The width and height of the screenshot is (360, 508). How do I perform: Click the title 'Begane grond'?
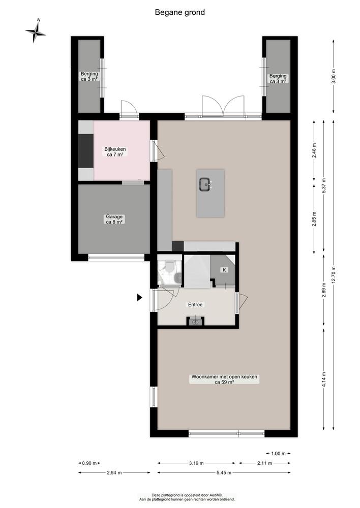(x=180, y=12)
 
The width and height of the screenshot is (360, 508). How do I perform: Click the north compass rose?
(x=36, y=32)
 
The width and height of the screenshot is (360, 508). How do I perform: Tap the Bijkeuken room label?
(x=115, y=152)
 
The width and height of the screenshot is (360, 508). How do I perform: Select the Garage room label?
(x=114, y=219)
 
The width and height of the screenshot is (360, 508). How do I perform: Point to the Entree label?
(x=195, y=305)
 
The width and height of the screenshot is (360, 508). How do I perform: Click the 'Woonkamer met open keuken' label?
(x=224, y=380)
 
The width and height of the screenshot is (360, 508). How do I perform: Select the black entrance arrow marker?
(x=139, y=298)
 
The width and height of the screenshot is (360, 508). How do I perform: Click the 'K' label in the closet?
(x=224, y=270)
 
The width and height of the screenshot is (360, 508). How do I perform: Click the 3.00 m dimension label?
(x=334, y=75)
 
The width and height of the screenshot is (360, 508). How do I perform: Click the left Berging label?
(x=89, y=76)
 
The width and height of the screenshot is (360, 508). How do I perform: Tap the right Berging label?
(x=278, y=78)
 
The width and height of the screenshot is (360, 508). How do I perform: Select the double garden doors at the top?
(x=223, y=107)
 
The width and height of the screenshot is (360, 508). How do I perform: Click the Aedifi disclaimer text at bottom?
(x=188, y=497)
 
